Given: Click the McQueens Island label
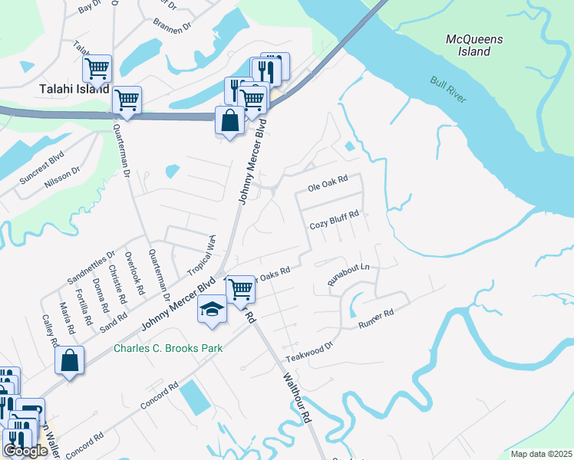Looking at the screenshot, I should coord(468,44).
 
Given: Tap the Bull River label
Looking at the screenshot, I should coord(447,91).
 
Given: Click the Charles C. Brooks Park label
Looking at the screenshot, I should coord(168,348).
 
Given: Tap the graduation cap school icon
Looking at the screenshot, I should coord(213,309).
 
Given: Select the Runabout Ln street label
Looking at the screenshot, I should coord(348,274).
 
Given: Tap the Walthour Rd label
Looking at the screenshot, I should coord(296,398).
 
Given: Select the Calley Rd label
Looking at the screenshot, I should coord(49,332).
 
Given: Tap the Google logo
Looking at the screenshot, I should coord(25,451).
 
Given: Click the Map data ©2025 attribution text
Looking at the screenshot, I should coord(541,454).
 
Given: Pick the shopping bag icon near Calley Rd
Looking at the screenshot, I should coord(70,360).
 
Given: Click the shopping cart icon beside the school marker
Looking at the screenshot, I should coord(241,288).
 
